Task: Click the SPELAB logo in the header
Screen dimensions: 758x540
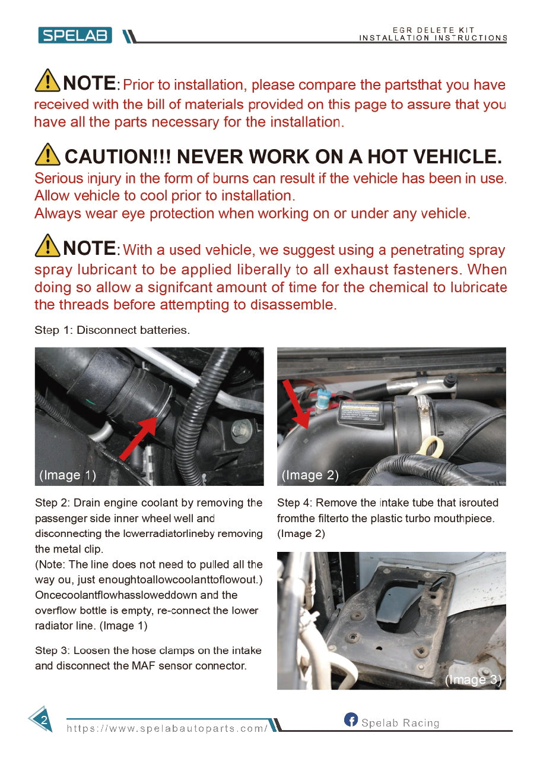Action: (75, 36)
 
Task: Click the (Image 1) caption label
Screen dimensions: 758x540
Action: (67, 475)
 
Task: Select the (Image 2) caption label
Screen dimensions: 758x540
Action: (310, 475)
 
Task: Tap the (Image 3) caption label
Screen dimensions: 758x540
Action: (473, 680)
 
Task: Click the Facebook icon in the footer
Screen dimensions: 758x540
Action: (351, 720)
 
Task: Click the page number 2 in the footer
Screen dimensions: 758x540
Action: (43, 721)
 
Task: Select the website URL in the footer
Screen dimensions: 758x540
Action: (167, 728)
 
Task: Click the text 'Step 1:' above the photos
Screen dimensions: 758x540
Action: (54, 330)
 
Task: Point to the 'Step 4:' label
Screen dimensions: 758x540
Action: (294, 503)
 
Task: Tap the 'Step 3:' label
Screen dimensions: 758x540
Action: (52, 650)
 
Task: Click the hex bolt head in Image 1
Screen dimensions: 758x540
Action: (242, 430)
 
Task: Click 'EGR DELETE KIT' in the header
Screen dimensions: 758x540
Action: (433, 30)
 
